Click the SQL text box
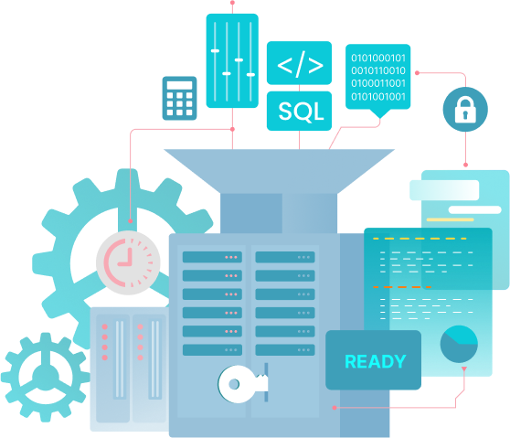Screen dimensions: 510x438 [299, 111]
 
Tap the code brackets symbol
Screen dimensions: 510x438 [300, 64]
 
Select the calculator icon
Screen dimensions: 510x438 [179, 98]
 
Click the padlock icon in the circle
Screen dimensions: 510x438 [465, 110]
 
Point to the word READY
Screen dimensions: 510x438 [376, 361]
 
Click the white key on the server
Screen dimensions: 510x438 [242, 384]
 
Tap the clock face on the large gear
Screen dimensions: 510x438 [128, 262]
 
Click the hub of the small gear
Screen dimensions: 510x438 [46, 377]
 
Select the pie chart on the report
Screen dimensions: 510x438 [459, 344]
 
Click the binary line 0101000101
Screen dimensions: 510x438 [378, 58]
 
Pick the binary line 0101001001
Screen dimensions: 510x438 [378, 97]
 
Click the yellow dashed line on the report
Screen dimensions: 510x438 [420, 239]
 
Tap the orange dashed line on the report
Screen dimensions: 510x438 [402, 287]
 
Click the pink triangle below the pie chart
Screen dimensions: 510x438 [464, 369]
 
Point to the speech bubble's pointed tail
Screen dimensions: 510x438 [379, 113]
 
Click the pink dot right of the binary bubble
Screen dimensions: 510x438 [418, 73]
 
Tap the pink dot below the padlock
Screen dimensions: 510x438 [465, 165]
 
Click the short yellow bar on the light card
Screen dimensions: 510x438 [451, 219]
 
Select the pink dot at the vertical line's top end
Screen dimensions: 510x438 [232, 3]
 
